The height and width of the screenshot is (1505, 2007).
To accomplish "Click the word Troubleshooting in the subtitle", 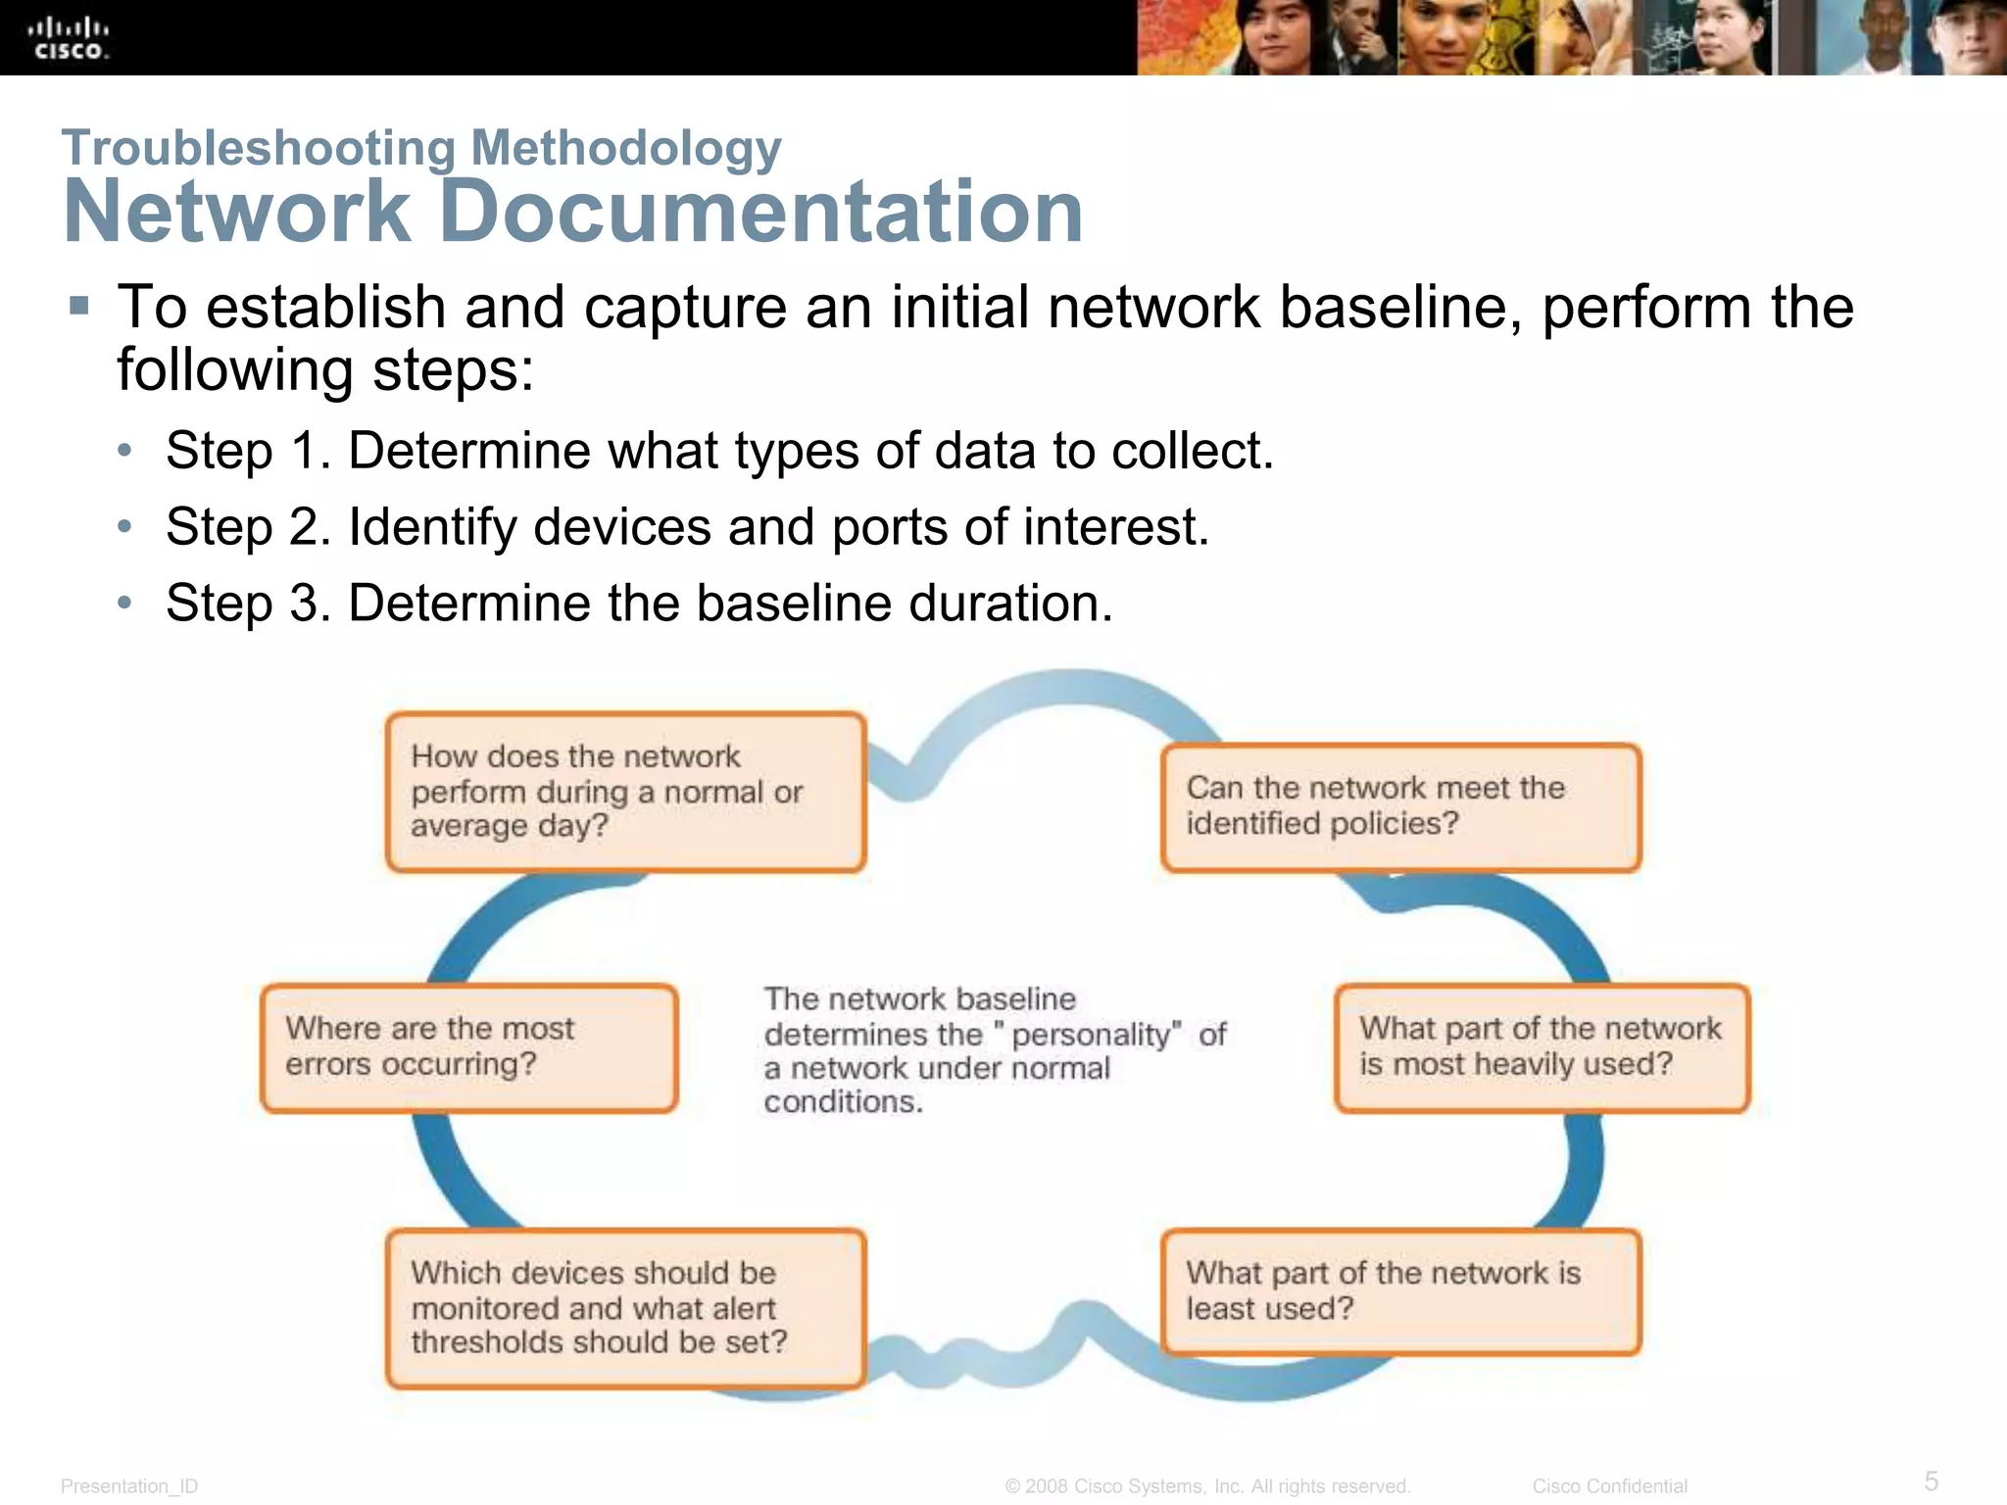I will click(258, 149).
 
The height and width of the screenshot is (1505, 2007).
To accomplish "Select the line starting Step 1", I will click(719, 452).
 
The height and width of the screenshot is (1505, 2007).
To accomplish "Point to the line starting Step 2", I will click(687, 527).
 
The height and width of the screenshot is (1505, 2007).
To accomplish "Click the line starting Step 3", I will click(639, 603).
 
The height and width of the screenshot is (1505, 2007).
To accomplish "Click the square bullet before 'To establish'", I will click(79, 307).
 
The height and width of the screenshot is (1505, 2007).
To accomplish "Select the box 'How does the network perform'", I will click(625, 792).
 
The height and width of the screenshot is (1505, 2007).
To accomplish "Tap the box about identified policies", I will click(1400, 806).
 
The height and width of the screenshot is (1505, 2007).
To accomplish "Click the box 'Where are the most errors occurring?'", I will click(468, 1047).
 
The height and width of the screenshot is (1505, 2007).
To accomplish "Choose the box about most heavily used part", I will click(1541, 1047).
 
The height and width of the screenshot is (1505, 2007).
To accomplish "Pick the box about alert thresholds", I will click(625, 1308).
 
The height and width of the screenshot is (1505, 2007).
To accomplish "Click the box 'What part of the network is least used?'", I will click(1400, 1291).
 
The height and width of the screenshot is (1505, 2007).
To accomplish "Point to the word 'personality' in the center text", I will click(1091, 1035).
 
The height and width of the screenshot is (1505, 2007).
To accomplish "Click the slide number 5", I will click(1931, 1481).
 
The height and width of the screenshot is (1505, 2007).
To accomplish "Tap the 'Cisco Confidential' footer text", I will click(1609, 1486).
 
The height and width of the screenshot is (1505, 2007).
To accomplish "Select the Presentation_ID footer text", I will click(129, 1486).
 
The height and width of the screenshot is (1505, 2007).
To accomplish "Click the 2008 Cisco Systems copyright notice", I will click(1207, 1486).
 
